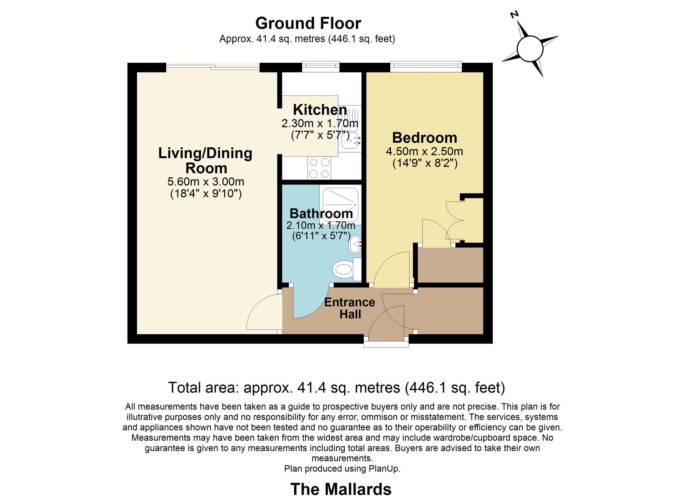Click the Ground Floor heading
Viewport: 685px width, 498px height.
[308, 23]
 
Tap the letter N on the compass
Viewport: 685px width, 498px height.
[515, 14]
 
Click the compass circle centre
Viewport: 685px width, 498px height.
[530, 49]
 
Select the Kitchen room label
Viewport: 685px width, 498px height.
[320, 110]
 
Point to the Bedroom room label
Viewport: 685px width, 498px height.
[425, 138]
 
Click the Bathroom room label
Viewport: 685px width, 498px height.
[321, 213]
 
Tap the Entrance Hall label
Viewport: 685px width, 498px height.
[350, 308]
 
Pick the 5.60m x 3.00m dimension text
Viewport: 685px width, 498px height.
[206, 182]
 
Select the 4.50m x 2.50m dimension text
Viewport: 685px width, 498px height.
[424, 151]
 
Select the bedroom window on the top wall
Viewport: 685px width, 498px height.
[426, 67]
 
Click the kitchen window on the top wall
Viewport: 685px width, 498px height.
[321, 67]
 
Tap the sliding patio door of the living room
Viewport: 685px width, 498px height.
[213, 67]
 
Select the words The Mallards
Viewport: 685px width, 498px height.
[341, 489]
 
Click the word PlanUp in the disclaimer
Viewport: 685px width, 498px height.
[384, 469]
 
